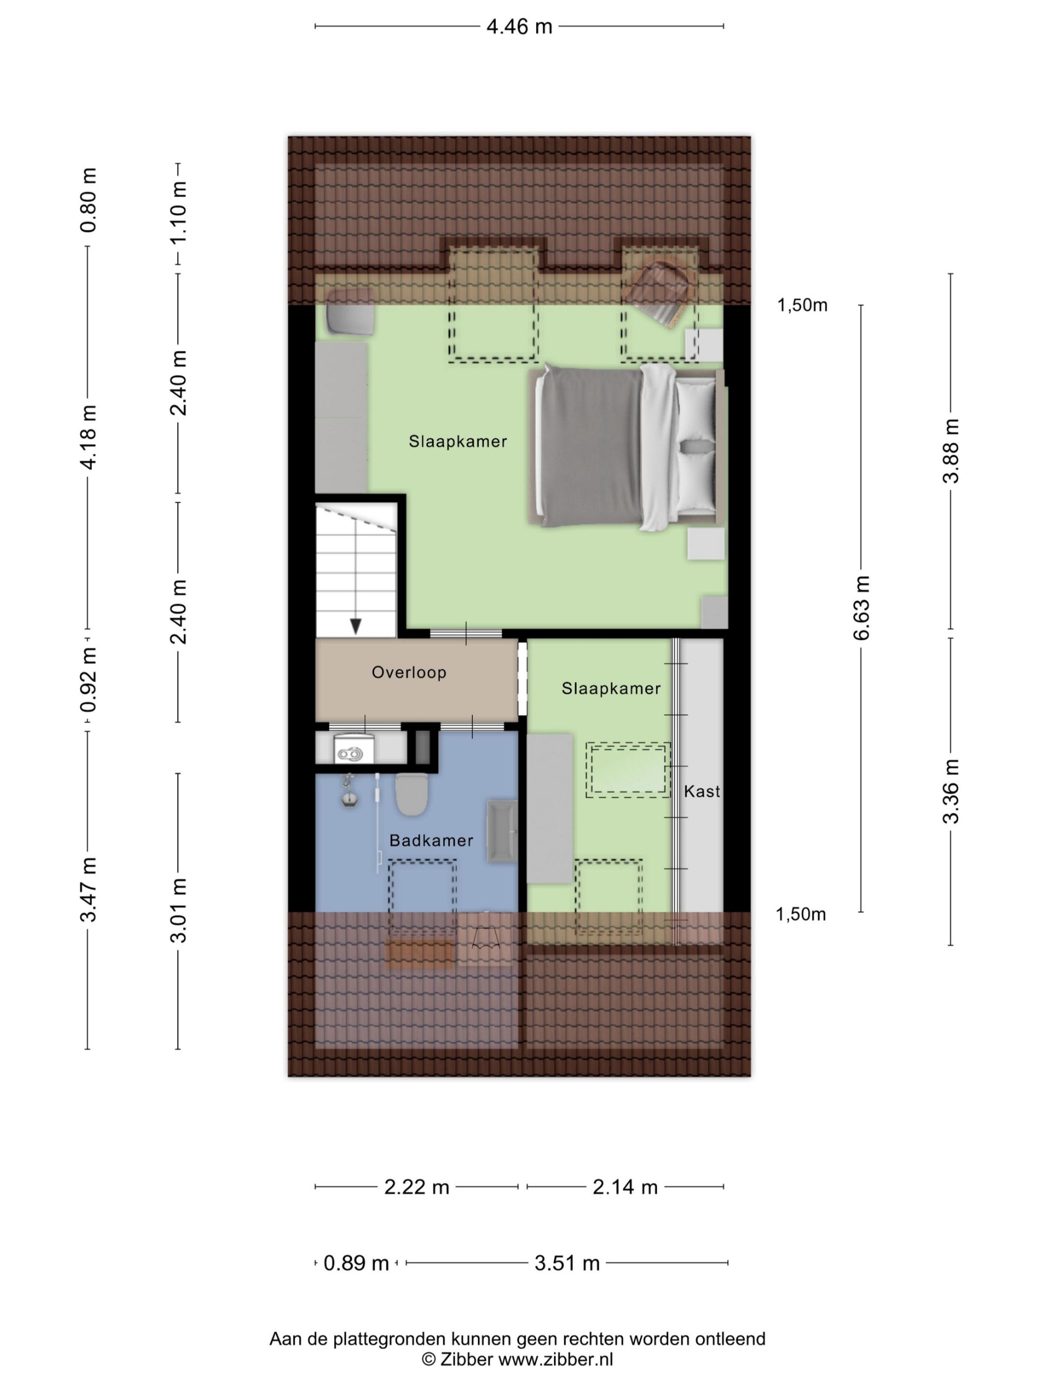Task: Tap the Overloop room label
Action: [409, 673]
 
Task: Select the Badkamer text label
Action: [431, 840]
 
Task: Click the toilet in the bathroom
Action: [412, 793]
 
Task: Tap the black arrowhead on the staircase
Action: [355, 626]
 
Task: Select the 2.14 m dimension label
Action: [625, 1187]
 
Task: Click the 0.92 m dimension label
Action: [88, 680]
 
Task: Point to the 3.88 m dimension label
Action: [950, 451]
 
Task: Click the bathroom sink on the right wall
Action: [502, 831]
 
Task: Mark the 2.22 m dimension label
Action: [417, 1187]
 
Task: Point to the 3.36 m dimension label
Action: [950, 791]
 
